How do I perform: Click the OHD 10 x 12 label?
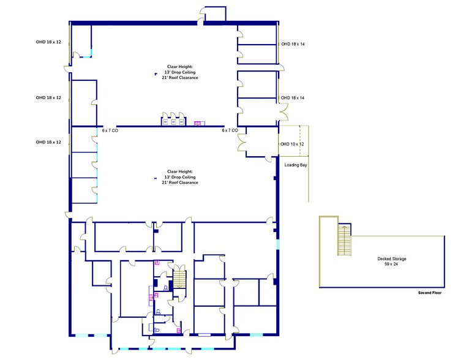coord(292,143)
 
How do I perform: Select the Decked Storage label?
coord(391,259)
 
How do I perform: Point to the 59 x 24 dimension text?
coord(391,264)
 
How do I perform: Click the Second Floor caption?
coord(429,293)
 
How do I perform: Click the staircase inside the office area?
coord(179,280)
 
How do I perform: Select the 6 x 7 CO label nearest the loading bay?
coord(230,130)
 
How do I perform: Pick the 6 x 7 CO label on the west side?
coord(110,130)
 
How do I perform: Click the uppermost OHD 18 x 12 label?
coord(48,42)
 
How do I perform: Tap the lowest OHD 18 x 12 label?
coord(48,142)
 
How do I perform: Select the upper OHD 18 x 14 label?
coord(293,44)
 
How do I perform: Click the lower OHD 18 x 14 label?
coord(293,97)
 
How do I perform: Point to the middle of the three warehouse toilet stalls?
coord(173,121)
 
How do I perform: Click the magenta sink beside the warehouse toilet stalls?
coord(197,123)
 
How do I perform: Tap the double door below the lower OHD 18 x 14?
coord(284,113)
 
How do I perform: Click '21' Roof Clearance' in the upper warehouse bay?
coord(180,78)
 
